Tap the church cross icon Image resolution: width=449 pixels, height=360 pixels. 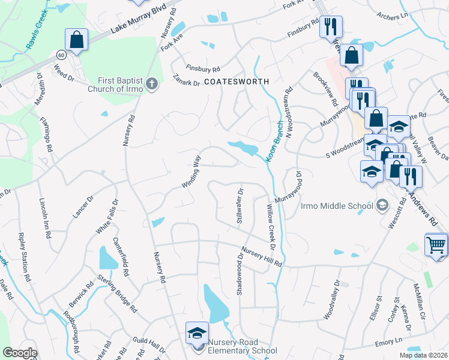point(152,83)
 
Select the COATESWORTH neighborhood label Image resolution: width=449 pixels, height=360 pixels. point(236,80)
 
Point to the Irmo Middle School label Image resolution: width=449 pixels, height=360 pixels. point(337,206)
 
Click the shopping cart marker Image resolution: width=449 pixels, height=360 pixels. point(436,244)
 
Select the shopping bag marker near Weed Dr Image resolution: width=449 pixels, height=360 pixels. point(77,40)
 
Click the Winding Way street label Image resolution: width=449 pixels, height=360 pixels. point(191,172)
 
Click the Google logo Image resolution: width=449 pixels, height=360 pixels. point(20,353)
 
